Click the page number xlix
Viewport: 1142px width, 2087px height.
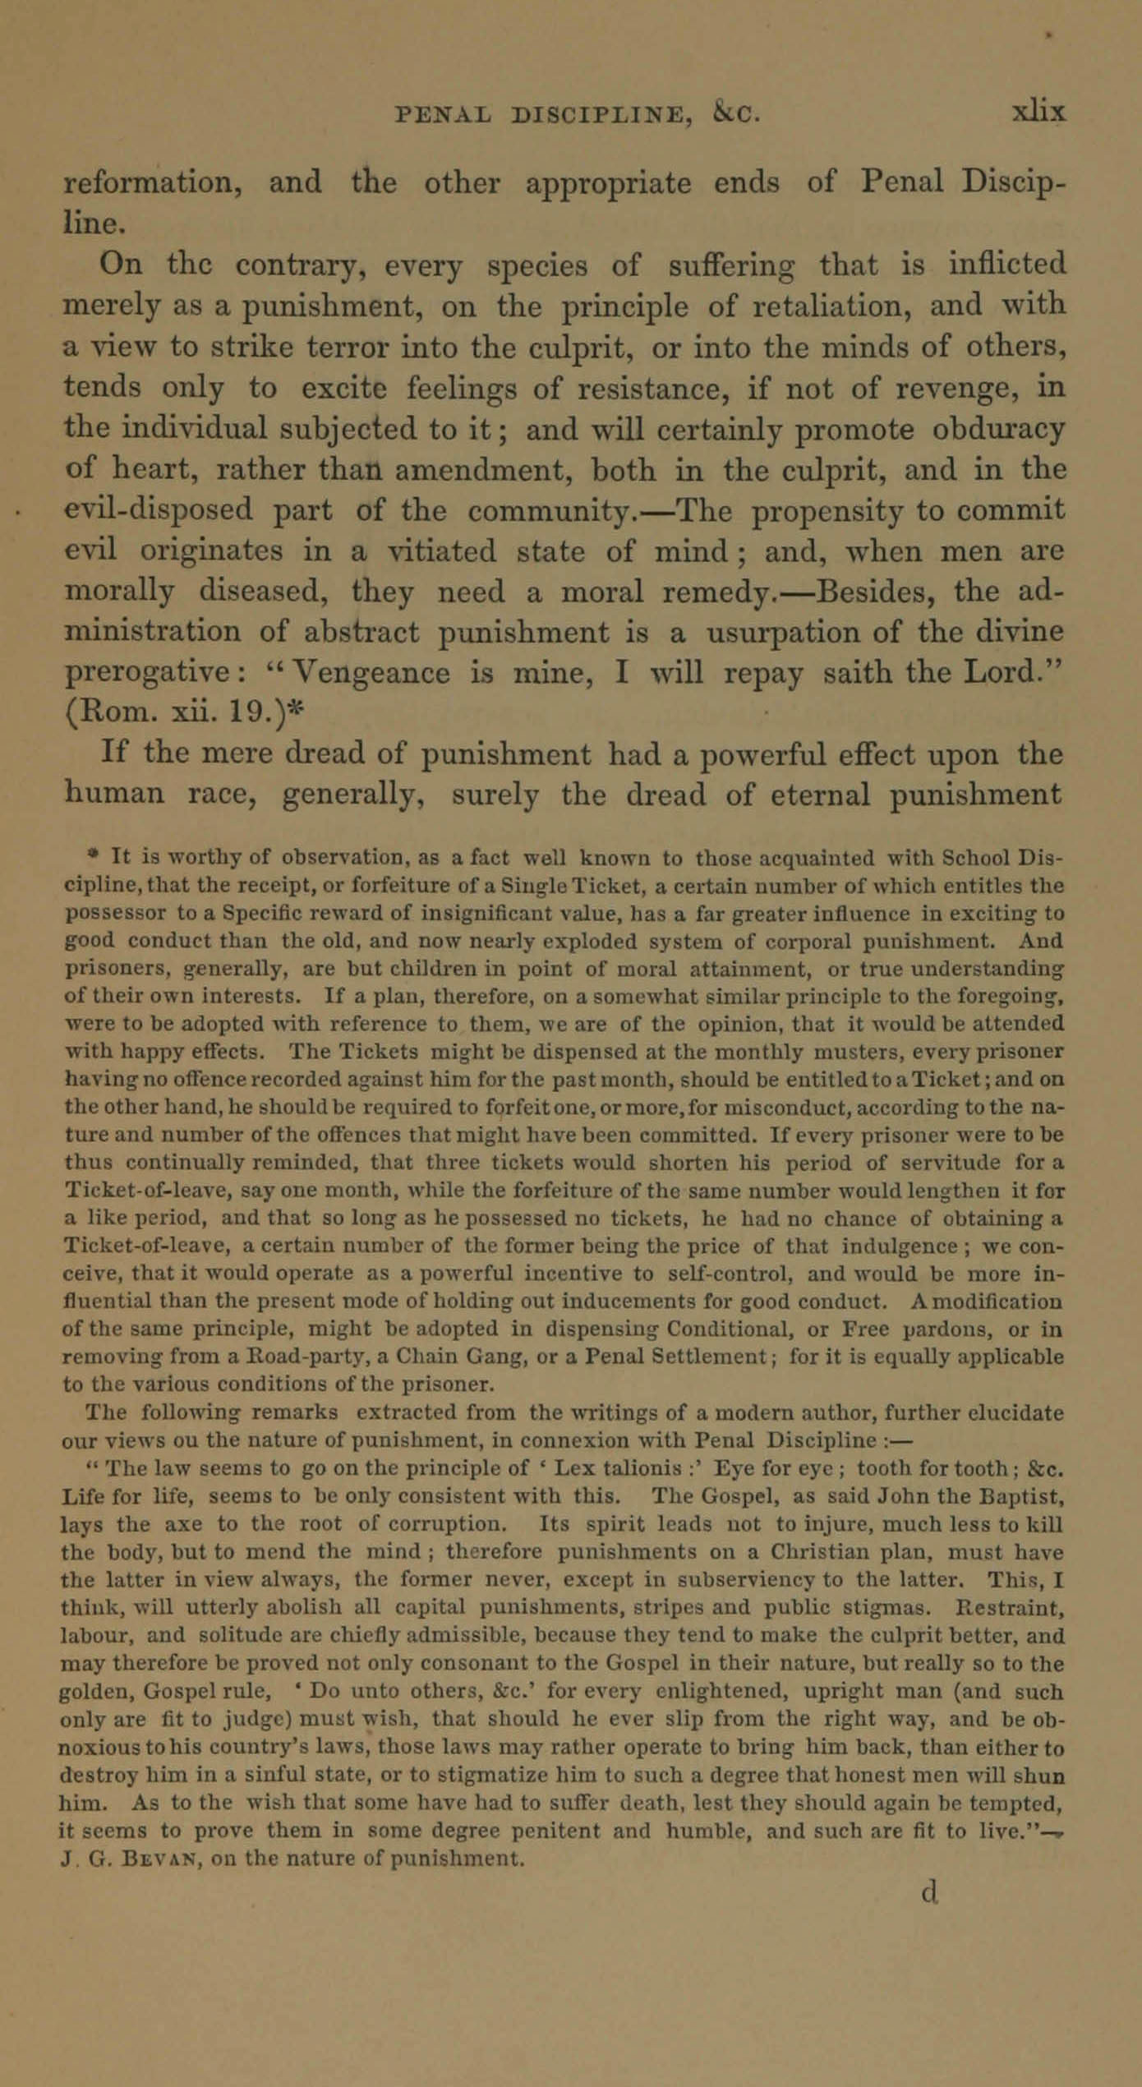1038,112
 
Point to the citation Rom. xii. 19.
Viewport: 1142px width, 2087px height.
177,713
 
